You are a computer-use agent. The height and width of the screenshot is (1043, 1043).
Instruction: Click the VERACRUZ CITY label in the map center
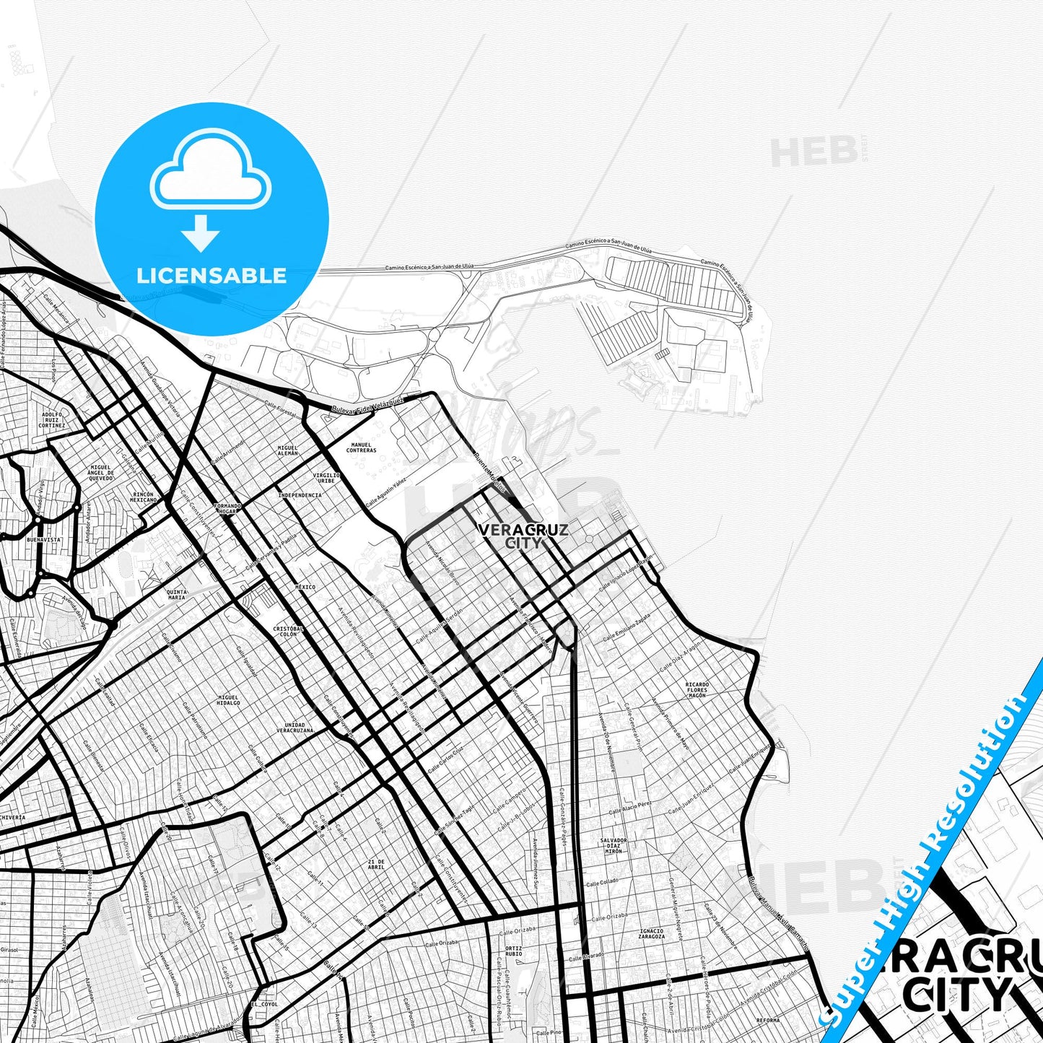coord(523,536)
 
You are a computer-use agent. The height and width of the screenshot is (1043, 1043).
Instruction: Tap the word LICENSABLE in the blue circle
coord(211,276)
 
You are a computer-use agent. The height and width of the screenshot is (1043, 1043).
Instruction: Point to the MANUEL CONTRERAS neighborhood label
coord(361,448)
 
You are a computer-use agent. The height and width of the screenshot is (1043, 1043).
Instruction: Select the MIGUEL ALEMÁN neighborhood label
coord(287,450)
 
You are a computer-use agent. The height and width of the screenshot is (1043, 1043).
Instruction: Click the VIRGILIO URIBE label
coord(326,478)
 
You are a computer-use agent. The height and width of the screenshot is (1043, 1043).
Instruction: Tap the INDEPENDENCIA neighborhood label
coord(300,495)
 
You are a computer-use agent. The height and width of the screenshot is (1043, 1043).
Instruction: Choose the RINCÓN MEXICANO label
coord(143,497)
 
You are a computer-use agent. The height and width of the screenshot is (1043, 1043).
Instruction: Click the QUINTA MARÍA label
coord(176,595)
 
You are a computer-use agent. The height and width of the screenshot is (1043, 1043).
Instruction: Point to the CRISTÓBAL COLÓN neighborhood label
coord(288,632)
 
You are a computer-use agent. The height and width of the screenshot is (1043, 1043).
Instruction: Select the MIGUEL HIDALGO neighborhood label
coord(228,700)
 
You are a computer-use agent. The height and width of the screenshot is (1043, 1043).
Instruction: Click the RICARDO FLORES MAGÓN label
coord(697,689)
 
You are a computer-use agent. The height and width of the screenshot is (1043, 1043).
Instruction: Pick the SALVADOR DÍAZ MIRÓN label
coord(613,846)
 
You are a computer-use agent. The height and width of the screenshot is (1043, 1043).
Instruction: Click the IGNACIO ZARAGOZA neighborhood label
coord(651,934)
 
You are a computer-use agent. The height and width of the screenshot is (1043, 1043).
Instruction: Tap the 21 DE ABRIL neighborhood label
coord(376,865)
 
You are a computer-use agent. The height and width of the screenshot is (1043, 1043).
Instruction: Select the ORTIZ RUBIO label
coord(513,951)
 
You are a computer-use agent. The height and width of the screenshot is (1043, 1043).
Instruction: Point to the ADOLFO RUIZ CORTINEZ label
coord(52,420)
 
